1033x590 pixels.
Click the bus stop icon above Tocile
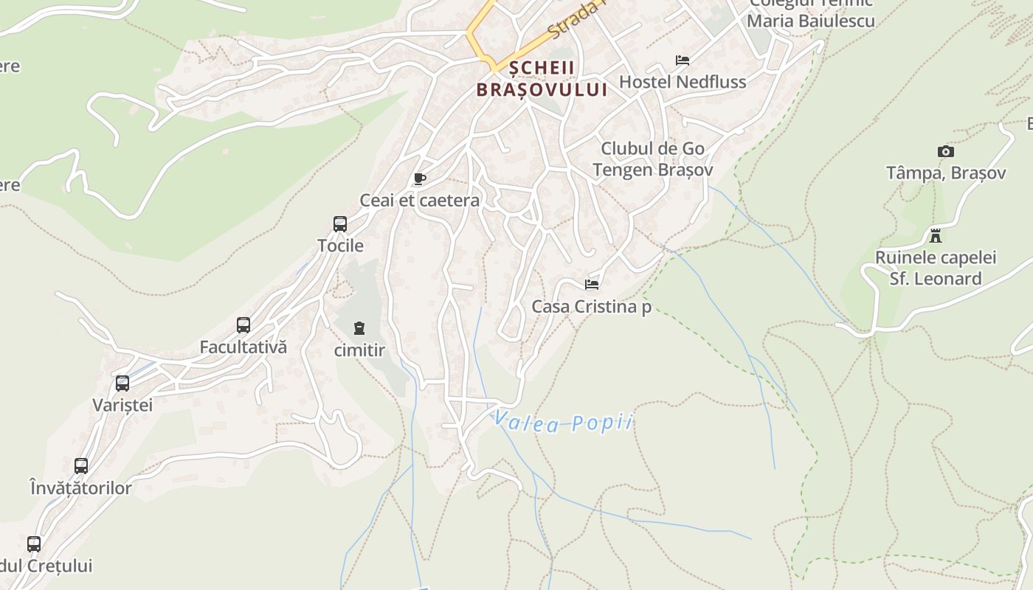coord(340,223)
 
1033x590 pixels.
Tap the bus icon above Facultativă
coord(243,324)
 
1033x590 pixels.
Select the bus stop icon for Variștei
coord(122,383)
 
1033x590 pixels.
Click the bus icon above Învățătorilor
coord(81,466)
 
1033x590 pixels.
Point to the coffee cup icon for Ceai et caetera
coord(419,179)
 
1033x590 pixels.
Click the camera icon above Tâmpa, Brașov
coord(945,151)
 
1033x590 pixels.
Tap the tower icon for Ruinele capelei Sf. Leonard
coord(936,236)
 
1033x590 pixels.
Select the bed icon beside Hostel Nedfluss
coord(683,60)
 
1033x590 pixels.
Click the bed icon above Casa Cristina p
coord(591,285)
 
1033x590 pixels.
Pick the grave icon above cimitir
coord(359,327)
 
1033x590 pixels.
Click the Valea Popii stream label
coord(563,423)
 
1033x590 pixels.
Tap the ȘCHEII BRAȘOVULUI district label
coord(542,79)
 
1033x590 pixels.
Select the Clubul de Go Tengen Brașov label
coord(653,159)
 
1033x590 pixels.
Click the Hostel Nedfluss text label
coord(683,82)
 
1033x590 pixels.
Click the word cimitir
coord(359,350)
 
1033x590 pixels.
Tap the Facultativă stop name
coord(243,347)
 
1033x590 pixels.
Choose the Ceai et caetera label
coord(419,201)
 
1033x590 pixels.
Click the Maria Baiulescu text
coord(810,21)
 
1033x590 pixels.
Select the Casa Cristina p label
coord(591,307)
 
